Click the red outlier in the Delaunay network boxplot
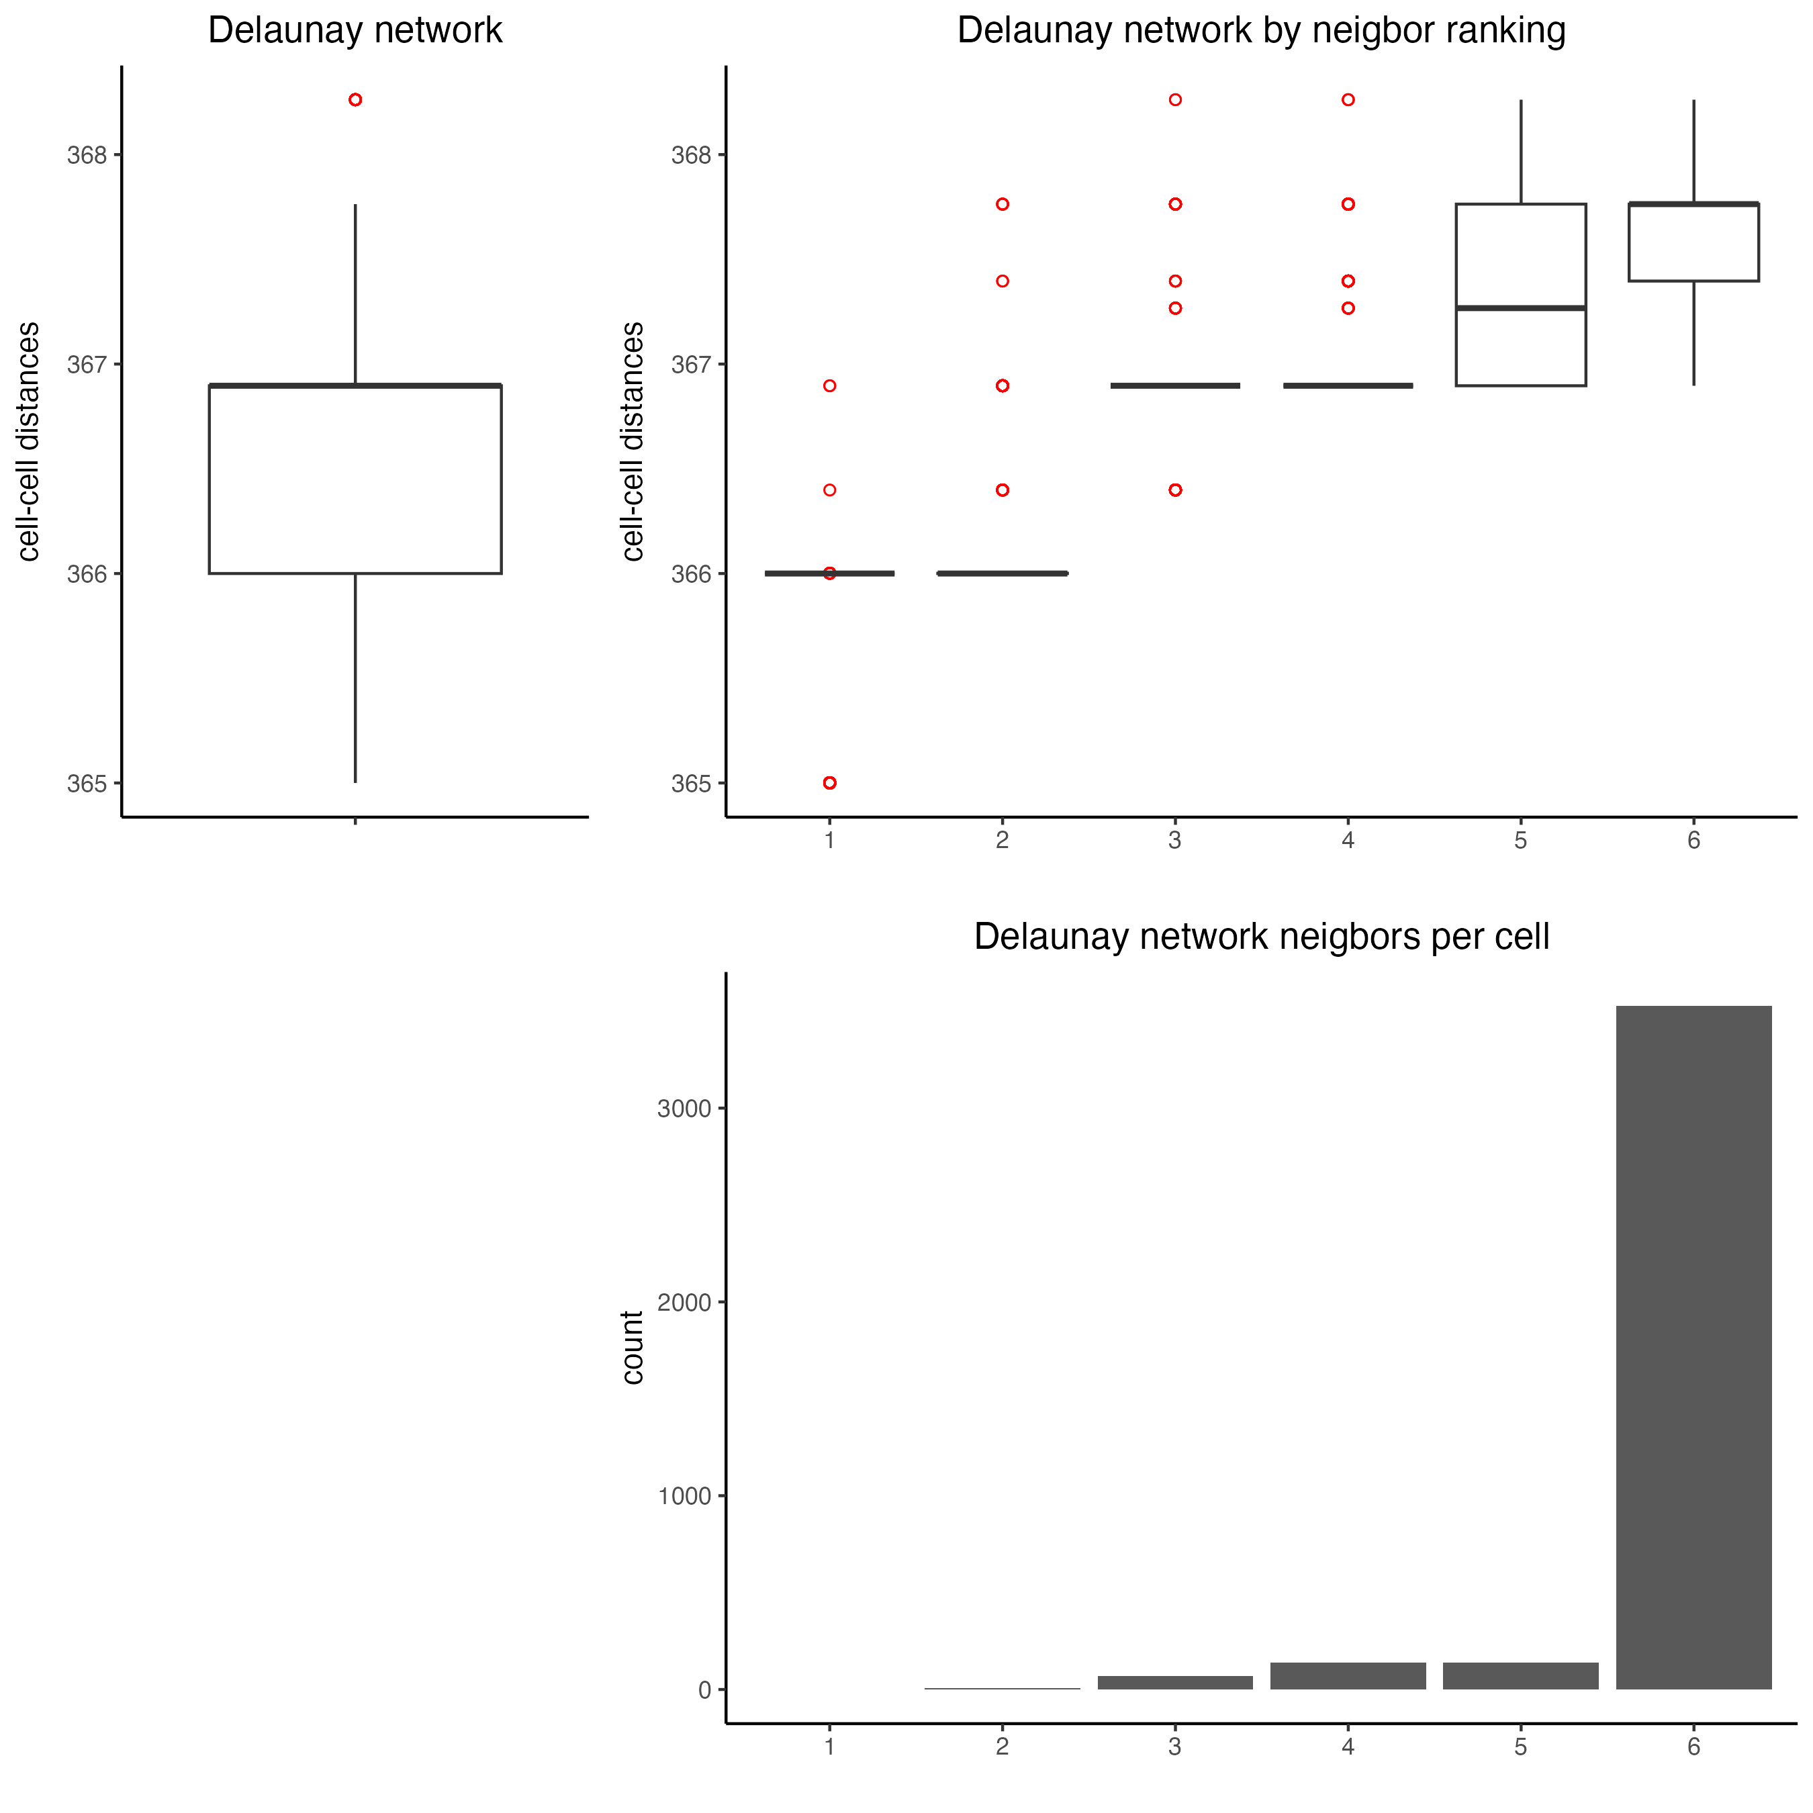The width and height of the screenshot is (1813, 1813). (355, 99)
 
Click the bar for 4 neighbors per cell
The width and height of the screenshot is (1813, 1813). (1348, 1675)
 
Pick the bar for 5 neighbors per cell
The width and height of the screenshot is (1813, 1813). (1520, 1675)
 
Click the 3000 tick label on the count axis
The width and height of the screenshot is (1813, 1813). (684, 1108)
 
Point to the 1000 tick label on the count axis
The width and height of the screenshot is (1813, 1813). (684, 1496)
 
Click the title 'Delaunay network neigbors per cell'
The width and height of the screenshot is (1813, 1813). (1261, 937)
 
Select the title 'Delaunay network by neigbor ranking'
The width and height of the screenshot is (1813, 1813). (1261, 30)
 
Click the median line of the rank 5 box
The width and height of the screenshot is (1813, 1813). (1520, 308)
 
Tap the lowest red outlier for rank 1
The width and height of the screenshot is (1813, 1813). (829, 783)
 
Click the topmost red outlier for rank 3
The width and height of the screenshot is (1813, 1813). (1175, 99)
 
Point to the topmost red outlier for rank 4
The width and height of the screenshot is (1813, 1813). (1348, 99)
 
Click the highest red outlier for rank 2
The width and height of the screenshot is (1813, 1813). (1003, 203)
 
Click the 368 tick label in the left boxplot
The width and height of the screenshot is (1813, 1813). (87, 155)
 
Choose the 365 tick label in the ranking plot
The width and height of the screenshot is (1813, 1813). (691, 784)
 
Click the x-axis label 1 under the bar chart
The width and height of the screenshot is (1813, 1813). (829, 1747)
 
